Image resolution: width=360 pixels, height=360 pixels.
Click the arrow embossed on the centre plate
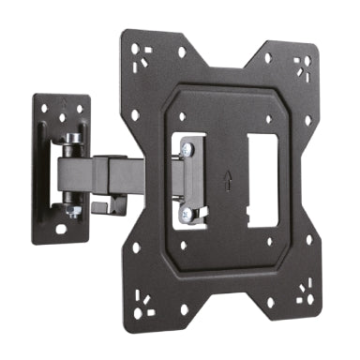point(229,178)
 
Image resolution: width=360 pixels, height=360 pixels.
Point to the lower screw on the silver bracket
point(190,216)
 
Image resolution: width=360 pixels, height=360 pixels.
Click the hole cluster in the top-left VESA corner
point(141,52)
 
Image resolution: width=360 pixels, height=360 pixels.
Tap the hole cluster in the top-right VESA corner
point(302,66)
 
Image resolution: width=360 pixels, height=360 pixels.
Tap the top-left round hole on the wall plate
point(44,110)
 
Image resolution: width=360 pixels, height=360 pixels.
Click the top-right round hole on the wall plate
point(79,110)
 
